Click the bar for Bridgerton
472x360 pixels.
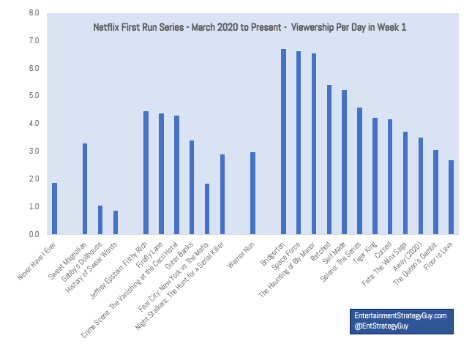283,142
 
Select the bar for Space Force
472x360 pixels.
299,143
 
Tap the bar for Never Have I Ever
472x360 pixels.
54,209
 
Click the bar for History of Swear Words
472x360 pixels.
116,222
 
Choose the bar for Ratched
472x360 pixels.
329,160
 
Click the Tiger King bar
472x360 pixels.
375,176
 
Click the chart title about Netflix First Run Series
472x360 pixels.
250,27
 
